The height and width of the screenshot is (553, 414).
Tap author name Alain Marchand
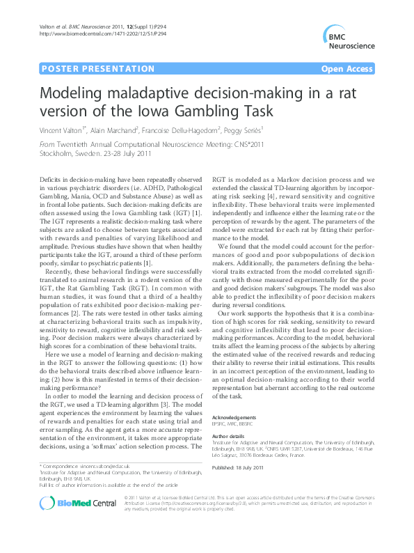(122, 130)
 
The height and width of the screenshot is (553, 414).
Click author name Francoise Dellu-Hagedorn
(199, 130)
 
